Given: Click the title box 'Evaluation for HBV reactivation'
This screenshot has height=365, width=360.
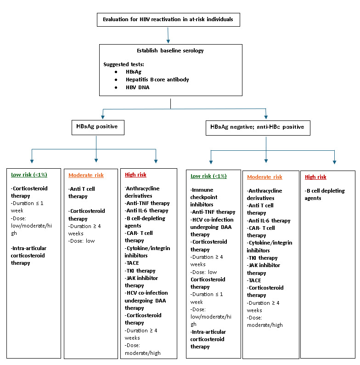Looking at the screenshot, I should pyautogui.click(x=168, y=20).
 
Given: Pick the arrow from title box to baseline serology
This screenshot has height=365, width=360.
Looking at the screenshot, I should pyautogui.click(x=168, y=35).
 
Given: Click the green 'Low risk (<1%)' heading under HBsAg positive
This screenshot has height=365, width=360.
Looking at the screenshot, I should pyautogui.click(x=29, y=175).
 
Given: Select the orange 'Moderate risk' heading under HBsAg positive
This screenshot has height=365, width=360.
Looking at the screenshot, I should pyautogui.click(x=86, y=175).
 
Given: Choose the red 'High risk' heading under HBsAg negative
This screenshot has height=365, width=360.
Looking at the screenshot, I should pyautogui.click(x=315, y=177).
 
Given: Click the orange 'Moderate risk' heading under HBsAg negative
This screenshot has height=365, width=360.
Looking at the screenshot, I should pyautogui.click(x=264, y=177).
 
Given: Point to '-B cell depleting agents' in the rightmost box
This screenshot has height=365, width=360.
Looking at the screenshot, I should pyautogui.click(x=324, y=194).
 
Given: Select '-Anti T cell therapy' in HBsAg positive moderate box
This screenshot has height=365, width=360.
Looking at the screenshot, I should pyautogui.click(x=84, y=193).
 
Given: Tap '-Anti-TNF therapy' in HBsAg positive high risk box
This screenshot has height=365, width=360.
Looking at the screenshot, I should pyautogui.click(x=147, y=203).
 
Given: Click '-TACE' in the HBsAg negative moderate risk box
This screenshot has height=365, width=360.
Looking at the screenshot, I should pyautogui.click(x=255, y=280).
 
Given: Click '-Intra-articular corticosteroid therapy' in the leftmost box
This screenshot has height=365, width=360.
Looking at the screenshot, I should pyautogui.click(x=29, y=256).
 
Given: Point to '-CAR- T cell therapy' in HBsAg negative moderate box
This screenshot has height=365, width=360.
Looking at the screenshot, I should pyautogui.click(x=261, y=232).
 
